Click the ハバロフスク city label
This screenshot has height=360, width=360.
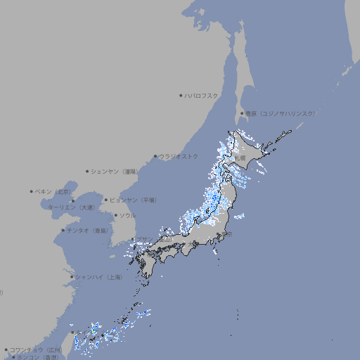coord(202,95)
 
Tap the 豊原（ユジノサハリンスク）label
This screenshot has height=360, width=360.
coord(280,113)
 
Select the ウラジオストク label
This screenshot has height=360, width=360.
coord(179,156)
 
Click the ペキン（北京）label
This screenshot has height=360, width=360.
coord(53,191)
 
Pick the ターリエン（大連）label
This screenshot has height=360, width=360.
coord(70,207)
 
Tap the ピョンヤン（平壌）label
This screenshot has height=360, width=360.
coord(133,200)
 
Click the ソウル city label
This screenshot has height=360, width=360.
coord(127,216)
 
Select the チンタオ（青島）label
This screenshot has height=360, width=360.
coord(87,230)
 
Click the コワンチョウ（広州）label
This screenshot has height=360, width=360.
coord(35,349)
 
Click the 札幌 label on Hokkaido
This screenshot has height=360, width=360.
coord(240,159)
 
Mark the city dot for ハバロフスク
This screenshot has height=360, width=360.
coord(181,95)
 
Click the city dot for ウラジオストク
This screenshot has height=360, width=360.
coord(155,156)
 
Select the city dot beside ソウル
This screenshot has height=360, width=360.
coord(115,216)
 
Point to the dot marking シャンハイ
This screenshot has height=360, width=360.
coord(72,277)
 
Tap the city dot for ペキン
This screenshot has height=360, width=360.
coord(32,191)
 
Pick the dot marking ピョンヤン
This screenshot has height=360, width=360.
coord(106,200)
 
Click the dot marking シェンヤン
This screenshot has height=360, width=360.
coord(88,171)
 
